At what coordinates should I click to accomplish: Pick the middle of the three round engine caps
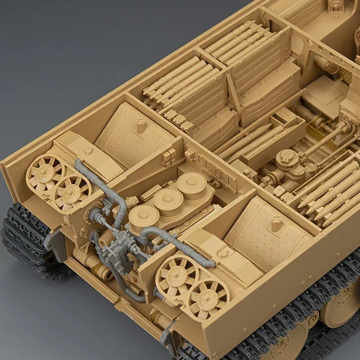pos(168,198)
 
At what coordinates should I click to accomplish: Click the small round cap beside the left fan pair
pos(89,152)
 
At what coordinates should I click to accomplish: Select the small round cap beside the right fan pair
pos(223,254)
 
